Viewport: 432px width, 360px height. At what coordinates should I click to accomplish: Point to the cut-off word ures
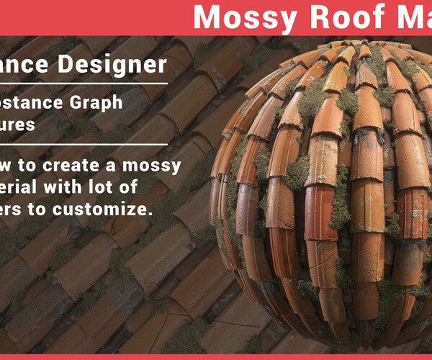[x=17, y=124]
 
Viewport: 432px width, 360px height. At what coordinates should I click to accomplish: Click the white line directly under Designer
[x=84, y=84]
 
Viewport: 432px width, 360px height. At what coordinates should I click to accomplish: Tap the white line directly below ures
[x=84, y=145]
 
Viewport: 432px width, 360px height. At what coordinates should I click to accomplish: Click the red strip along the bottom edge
[x=216, y=356]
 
